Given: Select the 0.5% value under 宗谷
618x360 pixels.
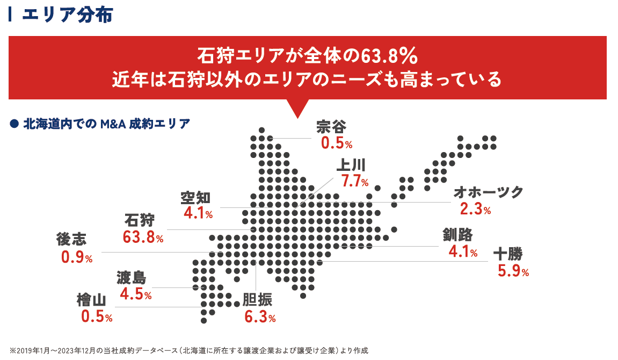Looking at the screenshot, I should point(337,143).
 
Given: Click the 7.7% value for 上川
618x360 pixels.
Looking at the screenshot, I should point(355,181).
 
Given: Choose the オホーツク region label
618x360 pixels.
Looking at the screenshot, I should point(488,192).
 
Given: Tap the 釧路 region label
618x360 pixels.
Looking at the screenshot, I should point(457,234).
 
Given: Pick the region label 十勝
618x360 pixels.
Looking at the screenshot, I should point(507,253).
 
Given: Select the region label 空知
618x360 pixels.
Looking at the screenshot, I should point(195,197).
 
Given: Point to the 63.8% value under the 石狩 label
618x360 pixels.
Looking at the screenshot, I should point(143,236).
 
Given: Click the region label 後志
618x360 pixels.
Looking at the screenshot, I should point(71,240).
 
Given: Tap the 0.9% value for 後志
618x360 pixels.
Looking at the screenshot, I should point(77,257).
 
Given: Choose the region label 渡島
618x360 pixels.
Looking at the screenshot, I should point(131,277).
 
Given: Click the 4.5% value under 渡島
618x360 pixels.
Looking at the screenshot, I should point(136,294).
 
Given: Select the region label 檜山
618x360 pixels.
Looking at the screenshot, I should point(92,300).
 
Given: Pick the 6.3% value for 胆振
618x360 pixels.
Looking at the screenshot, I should point(260,317).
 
